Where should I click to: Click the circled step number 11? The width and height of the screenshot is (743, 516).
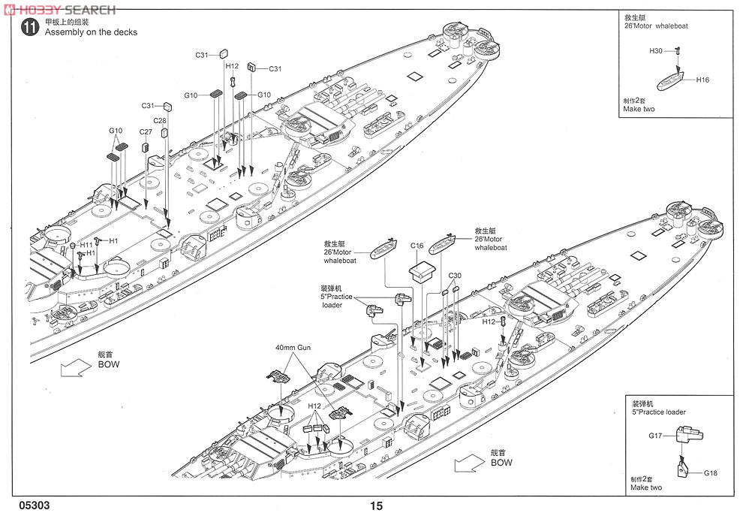(x=29, y=29)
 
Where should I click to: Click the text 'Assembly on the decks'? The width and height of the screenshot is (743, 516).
(x=91, y=32)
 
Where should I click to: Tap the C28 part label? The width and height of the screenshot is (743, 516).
(x=159, y=120)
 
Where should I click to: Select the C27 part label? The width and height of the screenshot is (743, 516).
(x=146, y=132)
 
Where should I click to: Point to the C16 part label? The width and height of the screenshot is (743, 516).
(x=417, y=246)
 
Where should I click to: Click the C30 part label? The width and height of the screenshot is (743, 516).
(x=455, y=276)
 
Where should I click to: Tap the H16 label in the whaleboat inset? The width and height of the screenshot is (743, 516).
(x=702, y=80)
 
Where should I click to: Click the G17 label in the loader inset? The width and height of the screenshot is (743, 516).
(x=656, y=436)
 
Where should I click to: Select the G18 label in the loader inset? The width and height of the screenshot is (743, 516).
(x=711, y=473)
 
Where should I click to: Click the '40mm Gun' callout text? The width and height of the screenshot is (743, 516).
(x=293, y=349)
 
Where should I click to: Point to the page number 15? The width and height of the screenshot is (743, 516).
(x=376, y=506)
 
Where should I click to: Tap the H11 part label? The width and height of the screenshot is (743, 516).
(x=86, y=245)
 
